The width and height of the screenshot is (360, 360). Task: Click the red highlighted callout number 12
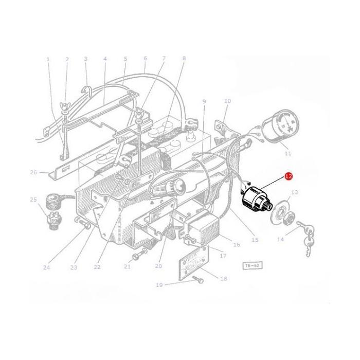[289, 176]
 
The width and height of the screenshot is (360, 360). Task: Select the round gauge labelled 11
[280, 125]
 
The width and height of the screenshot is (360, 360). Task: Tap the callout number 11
[287, 153]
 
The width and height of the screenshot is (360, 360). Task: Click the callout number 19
[159, 284]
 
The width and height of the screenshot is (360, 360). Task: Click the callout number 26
[34, 172]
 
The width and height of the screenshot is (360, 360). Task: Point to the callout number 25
[33, 199]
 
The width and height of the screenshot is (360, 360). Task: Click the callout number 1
[48, 59]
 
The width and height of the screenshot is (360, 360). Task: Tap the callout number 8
[184, 59]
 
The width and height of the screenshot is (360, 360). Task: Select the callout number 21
[127, 266]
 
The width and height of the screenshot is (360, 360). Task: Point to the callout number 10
[227, 101]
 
